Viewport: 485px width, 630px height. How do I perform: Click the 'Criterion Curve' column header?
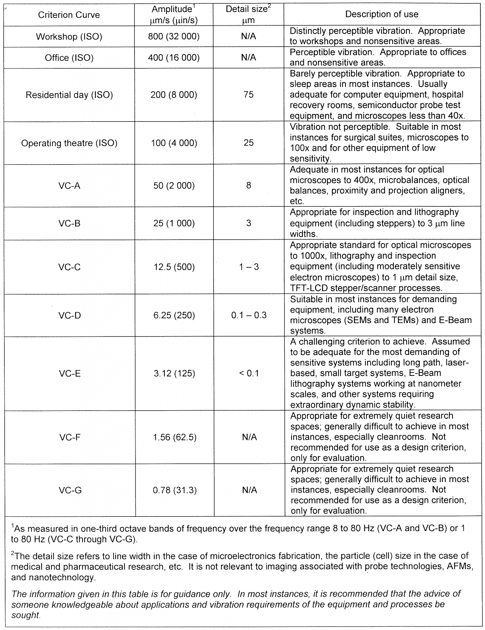pyautogui.click(x=69, y=15)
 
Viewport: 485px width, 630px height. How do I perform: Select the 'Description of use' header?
pyautogui.click(x=382, y=14)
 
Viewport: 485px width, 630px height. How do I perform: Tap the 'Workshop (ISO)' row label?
pyautogui.click(x=69, y=37)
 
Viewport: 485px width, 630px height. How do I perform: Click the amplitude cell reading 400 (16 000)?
pyautogui.click(x=174, y=58)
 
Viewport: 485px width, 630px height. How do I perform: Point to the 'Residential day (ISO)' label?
pyautogui.click(x=69, y=95)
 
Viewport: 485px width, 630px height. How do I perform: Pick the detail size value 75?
pyautogui.click(x=248, y=94)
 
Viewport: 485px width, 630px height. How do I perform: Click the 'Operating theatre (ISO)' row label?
pyautogui.click(x=69, y=143)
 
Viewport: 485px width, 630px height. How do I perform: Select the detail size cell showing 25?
pyautogui.click(x=248, y=143)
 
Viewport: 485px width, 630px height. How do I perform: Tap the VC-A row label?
pyautogui.click(x=69, y=185)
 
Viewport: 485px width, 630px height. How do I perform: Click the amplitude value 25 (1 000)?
pyautogui.click(x=174, y=223)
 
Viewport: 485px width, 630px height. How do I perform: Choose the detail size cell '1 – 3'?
pyautogui.click(x=249, y=267)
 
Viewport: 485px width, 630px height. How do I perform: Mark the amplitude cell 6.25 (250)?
pyautogui.click(x=174, y=315)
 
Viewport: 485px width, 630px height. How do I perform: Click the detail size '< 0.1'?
pyautogui.click(x=249, y=373)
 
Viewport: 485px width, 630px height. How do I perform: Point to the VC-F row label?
pyautogui.click(x=70, y=437)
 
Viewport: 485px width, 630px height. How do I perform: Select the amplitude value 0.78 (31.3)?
pyautogui.click(x=174, y=490)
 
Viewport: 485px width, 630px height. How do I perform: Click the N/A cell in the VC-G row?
pyautogui.click(x=249, y=490)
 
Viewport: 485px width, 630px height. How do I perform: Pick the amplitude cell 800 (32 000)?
pyautogui.click(x=174, y=37)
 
